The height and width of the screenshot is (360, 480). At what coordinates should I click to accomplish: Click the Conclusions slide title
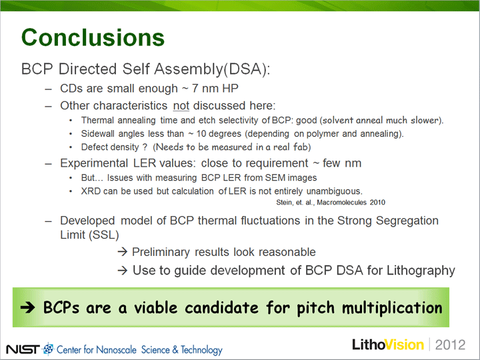pyautogui.click(x=93, y=37)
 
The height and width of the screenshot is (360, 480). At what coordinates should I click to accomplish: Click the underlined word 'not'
pyautogui.click(x=181, y=105)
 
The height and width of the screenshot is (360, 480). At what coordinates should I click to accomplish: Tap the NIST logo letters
pyautogui.click(x=23, y=349)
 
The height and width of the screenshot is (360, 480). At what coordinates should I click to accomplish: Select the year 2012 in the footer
pyautogui.click(x=450, y=345)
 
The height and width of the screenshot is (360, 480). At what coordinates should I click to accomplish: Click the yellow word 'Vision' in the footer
pyautogui.click(x=405, y=345)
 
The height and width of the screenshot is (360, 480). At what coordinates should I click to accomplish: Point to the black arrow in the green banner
pyautogui.click(x=27, y=307)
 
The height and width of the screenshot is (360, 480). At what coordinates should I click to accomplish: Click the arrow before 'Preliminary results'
pyautogui.click(x=123, y=252)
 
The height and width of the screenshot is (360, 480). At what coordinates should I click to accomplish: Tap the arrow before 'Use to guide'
pyautogui.click(x=123, y=270)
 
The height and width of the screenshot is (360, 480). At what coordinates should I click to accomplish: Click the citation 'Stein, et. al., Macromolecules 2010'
pyautogui.click(x=331, y=203)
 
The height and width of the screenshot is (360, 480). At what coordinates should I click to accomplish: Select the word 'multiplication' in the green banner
pyautogui.click(x=392, y=307)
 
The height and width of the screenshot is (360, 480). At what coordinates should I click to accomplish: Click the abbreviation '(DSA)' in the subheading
pyautogui.click(x=247, y=69)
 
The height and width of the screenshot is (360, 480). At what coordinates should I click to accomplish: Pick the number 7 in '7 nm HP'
pyautogui.click(x=195, y=89)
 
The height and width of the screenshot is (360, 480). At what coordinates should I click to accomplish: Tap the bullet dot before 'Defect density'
pyautogui.click(x=71, y=147)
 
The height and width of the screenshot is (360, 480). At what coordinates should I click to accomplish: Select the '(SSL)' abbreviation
pyautogui.click(x=104, y=235)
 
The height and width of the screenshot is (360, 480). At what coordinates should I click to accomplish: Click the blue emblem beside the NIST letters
pyautogui.click(x=48, y=349)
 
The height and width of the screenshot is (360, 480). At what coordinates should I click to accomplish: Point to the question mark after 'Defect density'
pyautogui.click(x=145, y=147)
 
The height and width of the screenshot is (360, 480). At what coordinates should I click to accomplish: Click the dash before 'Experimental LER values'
pyautogui.click(x=49, y=163)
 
